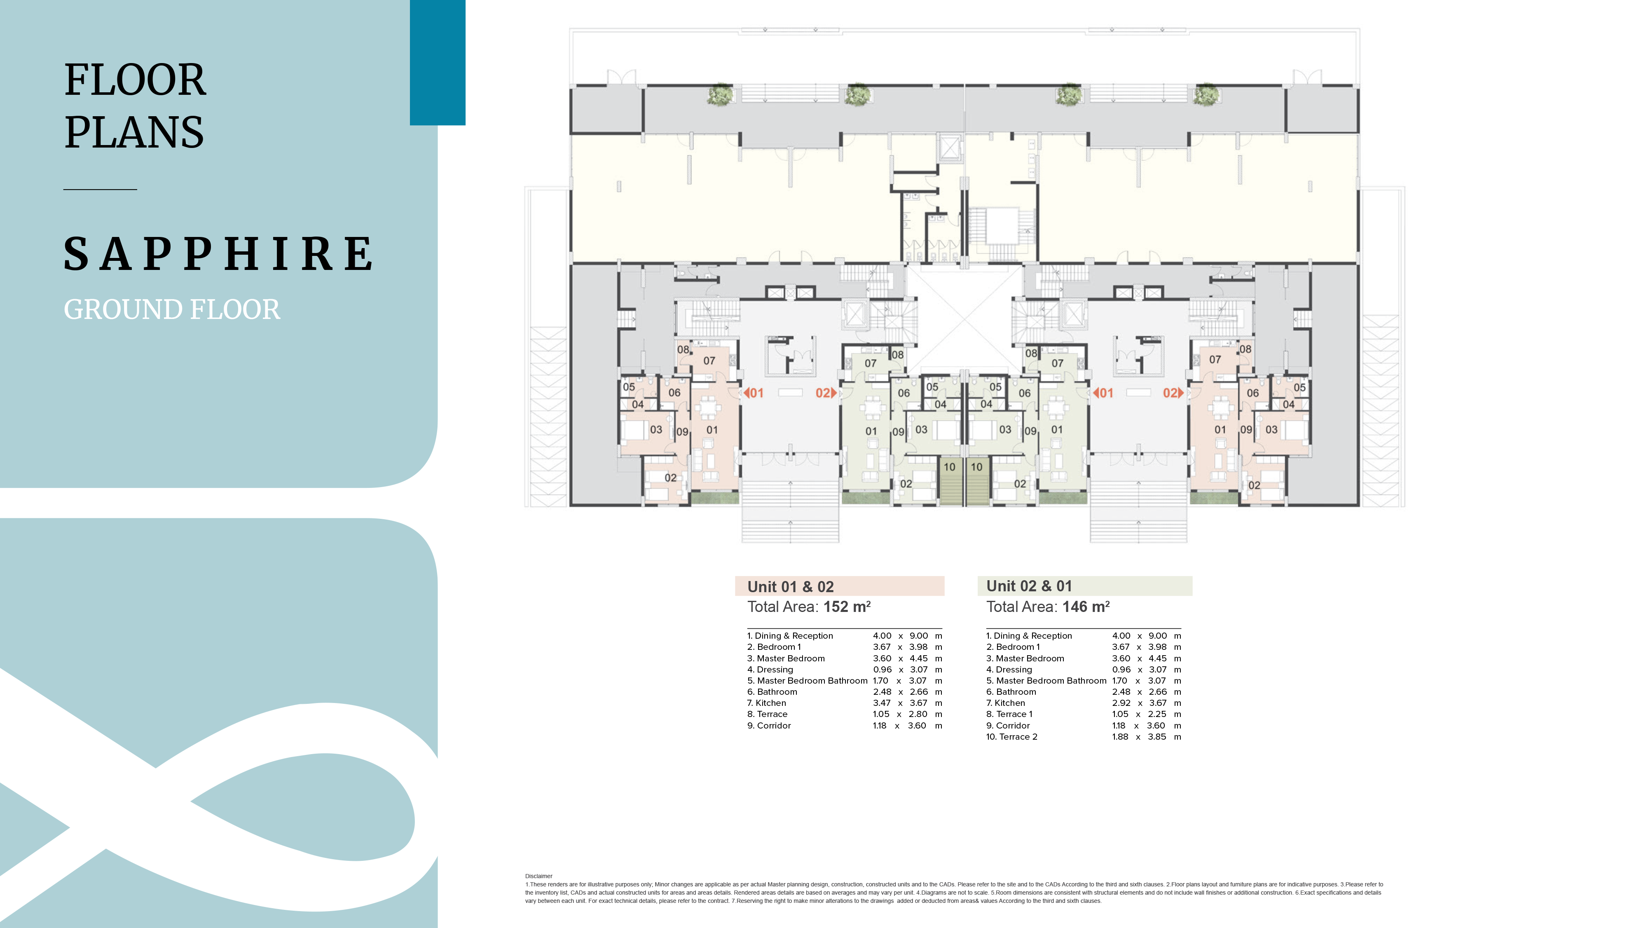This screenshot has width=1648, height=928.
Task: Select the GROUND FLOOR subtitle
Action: point(171,310)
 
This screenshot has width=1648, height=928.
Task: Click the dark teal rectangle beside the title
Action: point(438,62)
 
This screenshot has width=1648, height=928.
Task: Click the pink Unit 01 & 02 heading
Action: point(791,587)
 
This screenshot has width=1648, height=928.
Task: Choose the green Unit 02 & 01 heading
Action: point(1029,586)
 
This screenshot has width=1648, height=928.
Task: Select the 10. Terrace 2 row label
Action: point(1011,737)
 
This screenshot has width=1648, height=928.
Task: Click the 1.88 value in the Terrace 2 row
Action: point(1120,737)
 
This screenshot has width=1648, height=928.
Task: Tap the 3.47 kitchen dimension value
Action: point(882,703)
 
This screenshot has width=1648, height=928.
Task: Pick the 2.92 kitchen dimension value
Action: point(1121,703)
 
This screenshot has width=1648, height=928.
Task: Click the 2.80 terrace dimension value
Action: point(918,714)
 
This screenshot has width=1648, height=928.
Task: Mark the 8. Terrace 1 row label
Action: point(1009,714)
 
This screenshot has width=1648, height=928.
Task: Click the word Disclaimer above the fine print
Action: point(538,876)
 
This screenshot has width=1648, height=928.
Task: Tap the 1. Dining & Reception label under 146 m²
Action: point(1029,635)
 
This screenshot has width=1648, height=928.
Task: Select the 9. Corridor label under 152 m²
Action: point(769,726)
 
